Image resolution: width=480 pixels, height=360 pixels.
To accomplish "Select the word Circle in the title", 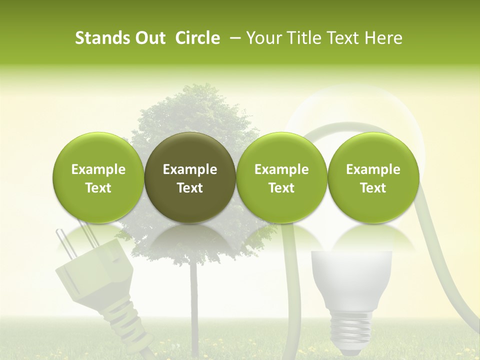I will [197, 38].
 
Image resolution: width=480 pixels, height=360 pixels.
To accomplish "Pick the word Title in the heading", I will [303, 38].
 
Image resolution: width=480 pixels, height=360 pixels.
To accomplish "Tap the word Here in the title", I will [384, 38].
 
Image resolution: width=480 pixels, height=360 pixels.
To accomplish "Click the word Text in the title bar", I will [343, 38].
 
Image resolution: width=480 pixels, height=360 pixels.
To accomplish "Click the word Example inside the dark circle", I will [190, 169].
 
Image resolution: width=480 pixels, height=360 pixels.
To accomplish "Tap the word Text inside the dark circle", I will [190, 188].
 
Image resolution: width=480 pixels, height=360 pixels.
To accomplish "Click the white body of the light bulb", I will [344, 280].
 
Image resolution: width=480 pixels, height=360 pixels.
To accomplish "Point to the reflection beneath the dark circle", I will [190, 235].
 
